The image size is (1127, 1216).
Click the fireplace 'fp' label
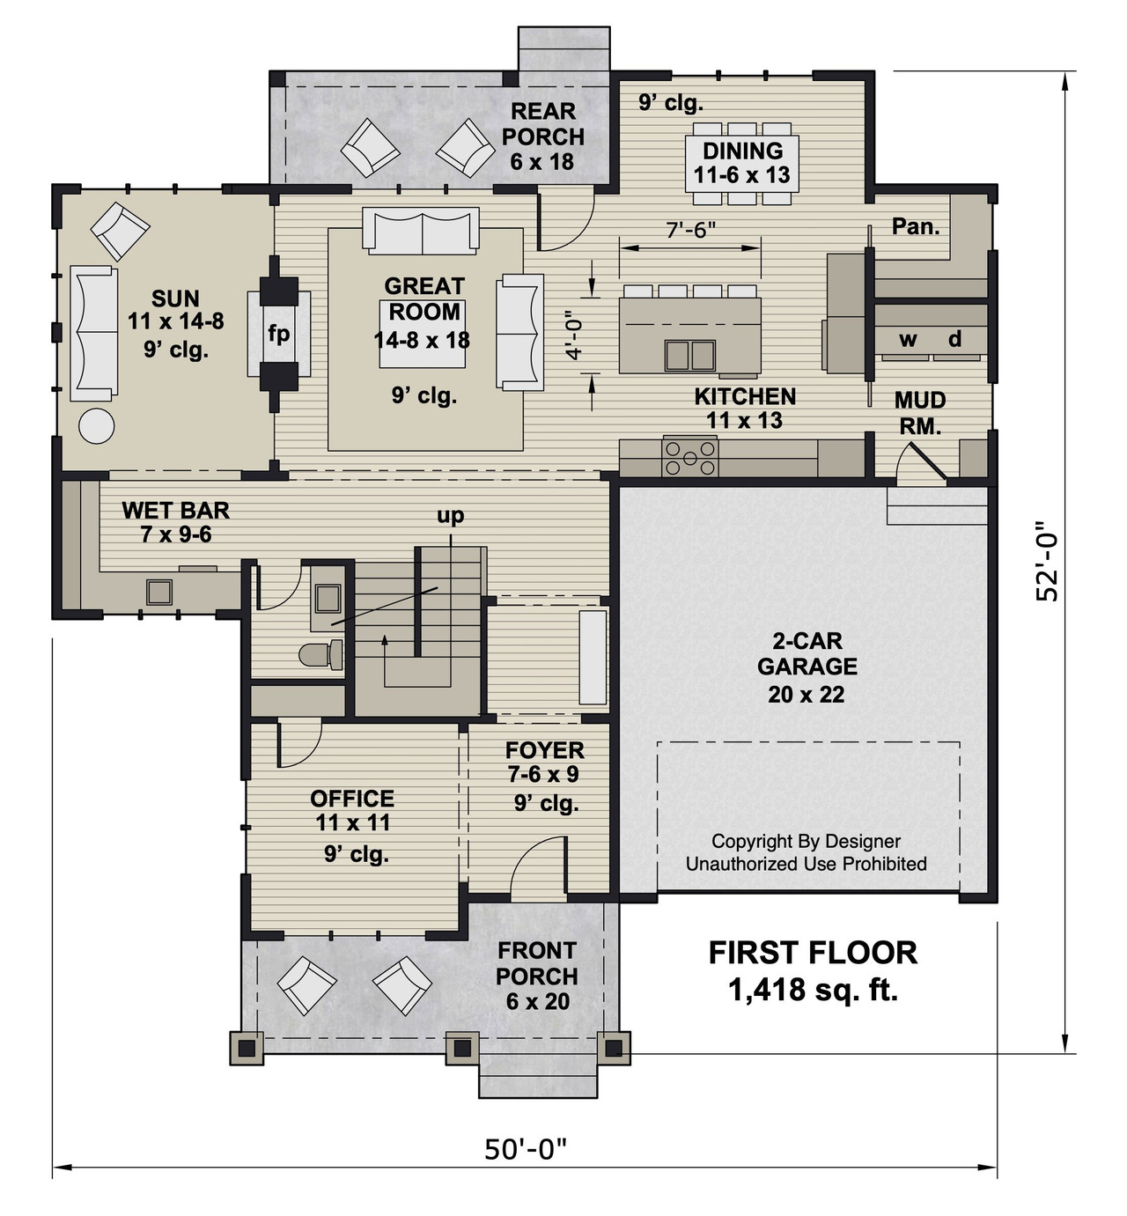(278, 335)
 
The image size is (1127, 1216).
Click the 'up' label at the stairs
(450, 516)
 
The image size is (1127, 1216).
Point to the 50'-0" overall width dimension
(526, 1149)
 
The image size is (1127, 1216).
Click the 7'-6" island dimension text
(690, 230)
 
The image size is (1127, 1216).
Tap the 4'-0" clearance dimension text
(574, 335)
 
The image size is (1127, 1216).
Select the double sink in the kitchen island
(690, 355)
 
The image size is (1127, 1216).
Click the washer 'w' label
(908, 339)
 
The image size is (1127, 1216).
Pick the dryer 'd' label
(954, 339)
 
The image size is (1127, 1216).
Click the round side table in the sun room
(96, 426)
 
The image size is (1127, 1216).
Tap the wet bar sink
(158, 592)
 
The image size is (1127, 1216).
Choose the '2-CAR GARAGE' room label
(807, 653)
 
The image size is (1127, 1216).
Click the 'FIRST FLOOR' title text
(813, 953)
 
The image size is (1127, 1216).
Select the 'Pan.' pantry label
(916, 226)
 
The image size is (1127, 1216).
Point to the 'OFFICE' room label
(352, 799)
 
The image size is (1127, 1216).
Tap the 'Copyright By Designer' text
(806, 841)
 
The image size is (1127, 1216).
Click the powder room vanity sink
(328, 599)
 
